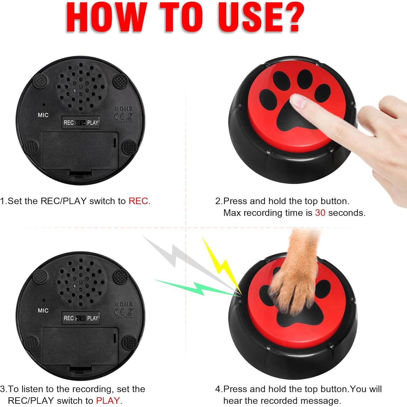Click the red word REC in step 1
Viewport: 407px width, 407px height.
click(x=138, y=201)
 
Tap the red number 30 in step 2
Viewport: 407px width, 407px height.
click(x=320, y=213)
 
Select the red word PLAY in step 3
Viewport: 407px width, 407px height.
click(x=108, y=400)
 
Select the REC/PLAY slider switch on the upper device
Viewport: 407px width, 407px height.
click(x=81, y=123)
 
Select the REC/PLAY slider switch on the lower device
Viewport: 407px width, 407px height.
click(x=81, y=318)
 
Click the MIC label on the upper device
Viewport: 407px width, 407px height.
click(x=43, y=115)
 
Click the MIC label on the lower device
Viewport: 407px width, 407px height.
click(x=43, y=310)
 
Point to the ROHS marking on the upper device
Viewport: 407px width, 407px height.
click(x=124, y=109)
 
